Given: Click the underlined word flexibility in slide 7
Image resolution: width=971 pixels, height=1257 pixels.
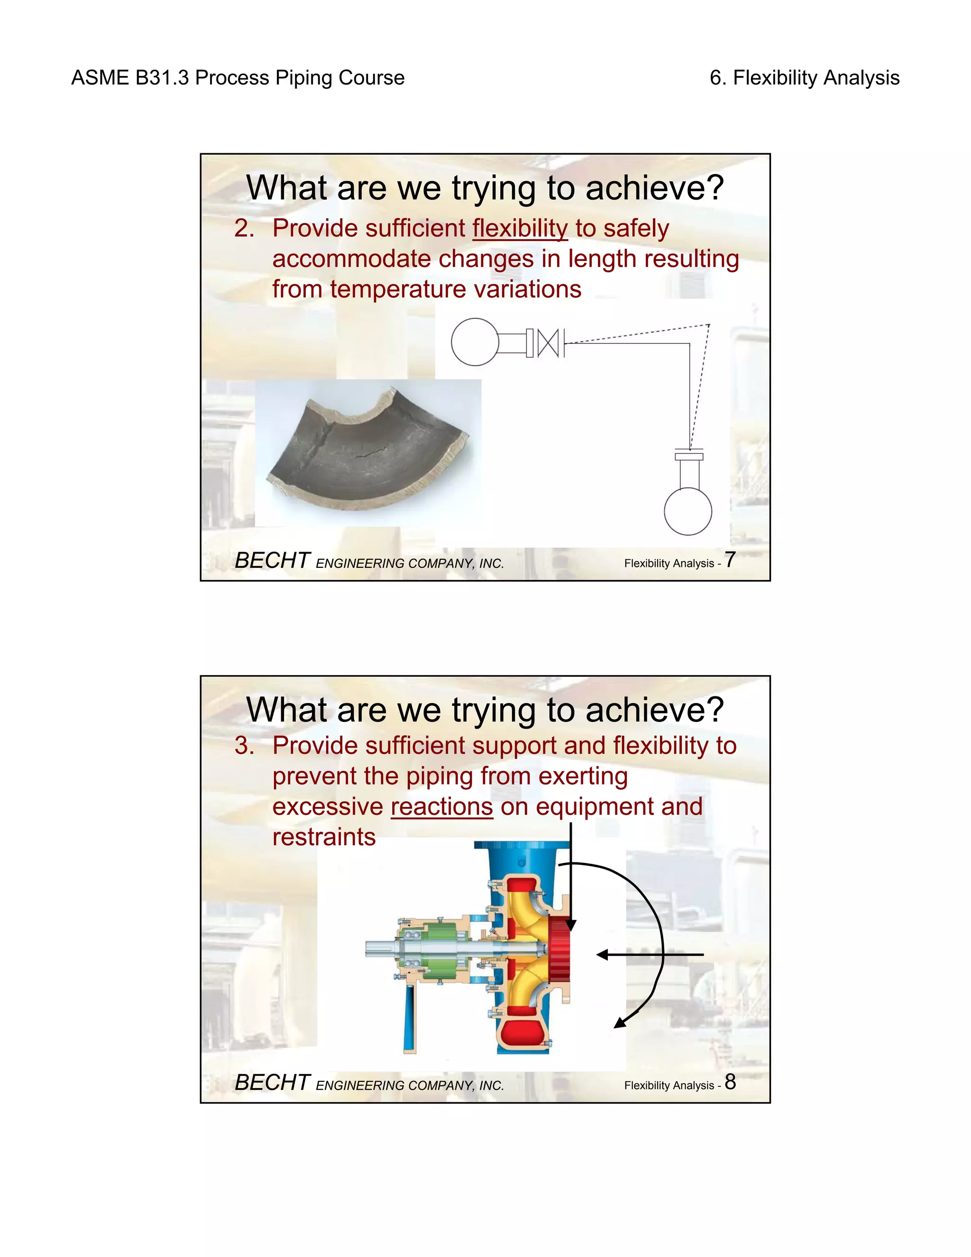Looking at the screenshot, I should (520, 229).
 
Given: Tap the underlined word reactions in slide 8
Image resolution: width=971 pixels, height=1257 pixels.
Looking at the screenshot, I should (442, 806).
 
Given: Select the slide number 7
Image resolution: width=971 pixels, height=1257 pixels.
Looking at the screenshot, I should (730, 559).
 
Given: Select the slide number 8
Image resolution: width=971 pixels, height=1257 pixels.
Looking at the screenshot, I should (730, 1081).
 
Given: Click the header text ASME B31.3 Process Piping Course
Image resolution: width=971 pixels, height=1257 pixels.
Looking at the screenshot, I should (238, 78).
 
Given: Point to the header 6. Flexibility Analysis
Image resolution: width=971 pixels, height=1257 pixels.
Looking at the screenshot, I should (804, 78).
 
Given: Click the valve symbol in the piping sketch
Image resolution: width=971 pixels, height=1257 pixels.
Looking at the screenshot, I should (548, 343).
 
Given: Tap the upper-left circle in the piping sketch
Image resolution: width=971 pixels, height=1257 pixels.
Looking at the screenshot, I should (475, 342).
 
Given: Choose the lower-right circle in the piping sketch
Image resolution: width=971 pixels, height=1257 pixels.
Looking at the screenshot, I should (688, 511).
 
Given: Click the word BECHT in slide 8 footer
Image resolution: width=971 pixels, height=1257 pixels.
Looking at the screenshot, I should (272, 1082).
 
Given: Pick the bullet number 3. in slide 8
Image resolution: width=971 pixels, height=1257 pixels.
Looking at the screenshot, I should (244, 746).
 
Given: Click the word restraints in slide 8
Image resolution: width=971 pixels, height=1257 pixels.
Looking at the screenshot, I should (324, 837).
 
